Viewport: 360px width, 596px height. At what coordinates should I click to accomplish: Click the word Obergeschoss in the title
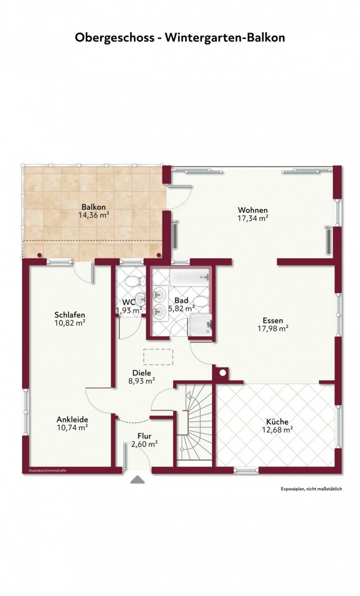114,38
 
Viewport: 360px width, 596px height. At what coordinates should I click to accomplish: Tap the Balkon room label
94,207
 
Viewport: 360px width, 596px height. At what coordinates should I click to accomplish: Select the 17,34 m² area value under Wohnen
252,218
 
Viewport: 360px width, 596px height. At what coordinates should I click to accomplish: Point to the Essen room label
273,320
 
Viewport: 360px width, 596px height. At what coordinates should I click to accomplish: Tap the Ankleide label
72,420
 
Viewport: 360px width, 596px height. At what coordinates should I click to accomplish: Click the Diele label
142,373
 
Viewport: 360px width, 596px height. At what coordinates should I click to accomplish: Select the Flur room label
144,436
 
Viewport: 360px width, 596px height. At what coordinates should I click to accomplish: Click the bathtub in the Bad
190,277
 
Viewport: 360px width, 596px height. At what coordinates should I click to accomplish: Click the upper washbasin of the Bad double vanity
159,295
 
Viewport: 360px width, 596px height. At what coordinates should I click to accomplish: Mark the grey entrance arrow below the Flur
137,480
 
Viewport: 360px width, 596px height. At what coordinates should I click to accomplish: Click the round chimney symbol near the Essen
222,373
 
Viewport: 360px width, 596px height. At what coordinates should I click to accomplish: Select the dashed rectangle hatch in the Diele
158,357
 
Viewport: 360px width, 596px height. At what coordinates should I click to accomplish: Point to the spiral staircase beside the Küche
194,425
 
